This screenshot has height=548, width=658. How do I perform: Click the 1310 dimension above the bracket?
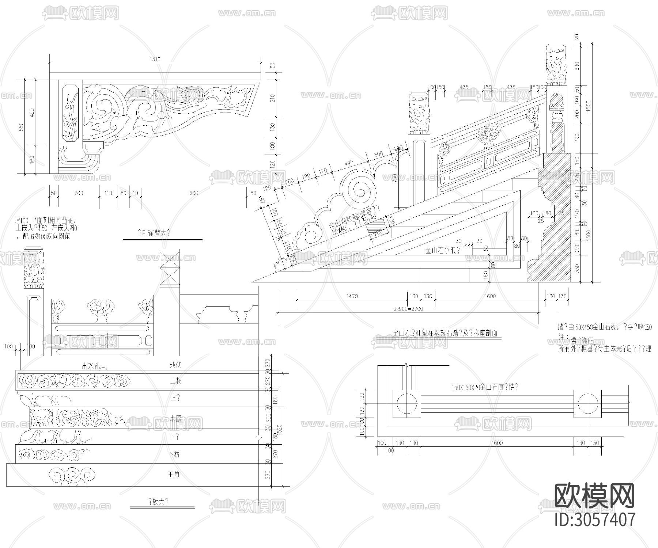click(x=155, y=59)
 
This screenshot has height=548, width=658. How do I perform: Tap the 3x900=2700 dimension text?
click(x=408, y=309)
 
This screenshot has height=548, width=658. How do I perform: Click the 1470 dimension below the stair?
click(x=352, y=296)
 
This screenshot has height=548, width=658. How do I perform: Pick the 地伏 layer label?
click(x=175, y=365)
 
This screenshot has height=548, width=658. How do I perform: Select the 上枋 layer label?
click(x=176, y=381)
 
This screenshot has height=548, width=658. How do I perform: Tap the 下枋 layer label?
click(x=174, y=454)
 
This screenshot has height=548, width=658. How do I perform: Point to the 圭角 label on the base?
click(x=174, y=474)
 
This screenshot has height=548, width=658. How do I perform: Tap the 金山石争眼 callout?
click(x=443, y=251)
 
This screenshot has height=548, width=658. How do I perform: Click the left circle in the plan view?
click(x=406, y=404)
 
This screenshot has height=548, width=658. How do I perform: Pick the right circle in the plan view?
click(x=588, y=404)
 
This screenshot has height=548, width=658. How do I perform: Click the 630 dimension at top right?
click(x=577, y=66)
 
